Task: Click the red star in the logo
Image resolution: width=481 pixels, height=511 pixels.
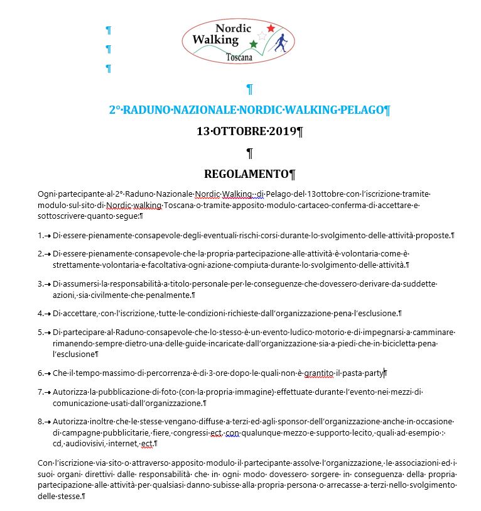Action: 271,28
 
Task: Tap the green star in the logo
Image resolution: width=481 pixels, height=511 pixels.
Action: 254,44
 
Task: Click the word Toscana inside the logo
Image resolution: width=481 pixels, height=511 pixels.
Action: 239,57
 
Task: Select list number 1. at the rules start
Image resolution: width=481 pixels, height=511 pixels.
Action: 41,236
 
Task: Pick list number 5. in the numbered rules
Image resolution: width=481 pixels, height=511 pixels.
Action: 41,332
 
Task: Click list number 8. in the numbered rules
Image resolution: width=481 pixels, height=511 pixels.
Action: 41,421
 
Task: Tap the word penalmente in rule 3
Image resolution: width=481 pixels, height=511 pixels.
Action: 168,295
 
